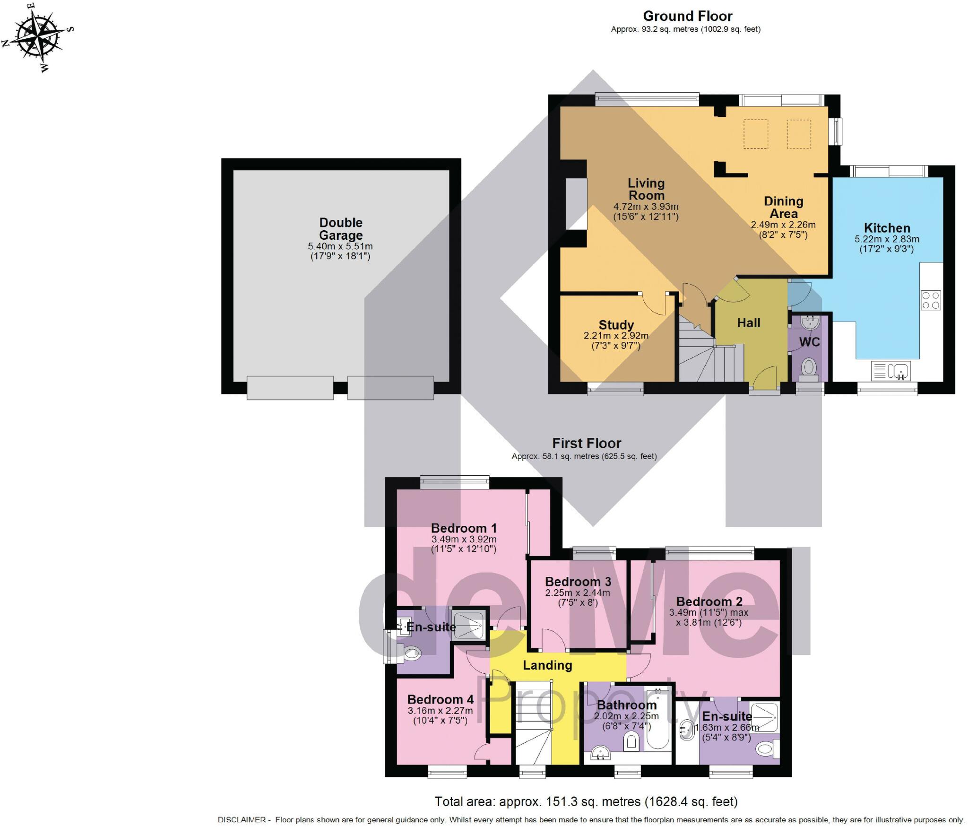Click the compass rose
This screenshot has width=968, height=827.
38,38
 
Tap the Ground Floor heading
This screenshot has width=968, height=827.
687,16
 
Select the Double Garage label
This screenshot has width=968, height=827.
341,229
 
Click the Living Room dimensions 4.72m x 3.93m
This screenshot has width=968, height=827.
646,207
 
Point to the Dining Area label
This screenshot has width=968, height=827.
784,207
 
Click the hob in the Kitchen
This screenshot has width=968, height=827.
931,300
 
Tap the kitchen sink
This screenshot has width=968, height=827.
890,371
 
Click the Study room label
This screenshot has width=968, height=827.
616,325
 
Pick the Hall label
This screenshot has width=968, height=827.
749,323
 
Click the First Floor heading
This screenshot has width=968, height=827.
587,443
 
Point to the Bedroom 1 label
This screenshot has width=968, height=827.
464,528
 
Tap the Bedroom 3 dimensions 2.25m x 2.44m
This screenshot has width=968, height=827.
578,593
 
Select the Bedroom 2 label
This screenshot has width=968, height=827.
709,601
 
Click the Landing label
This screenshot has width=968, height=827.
547,665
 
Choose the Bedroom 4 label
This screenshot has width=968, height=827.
440,699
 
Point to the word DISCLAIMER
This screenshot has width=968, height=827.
242,820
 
